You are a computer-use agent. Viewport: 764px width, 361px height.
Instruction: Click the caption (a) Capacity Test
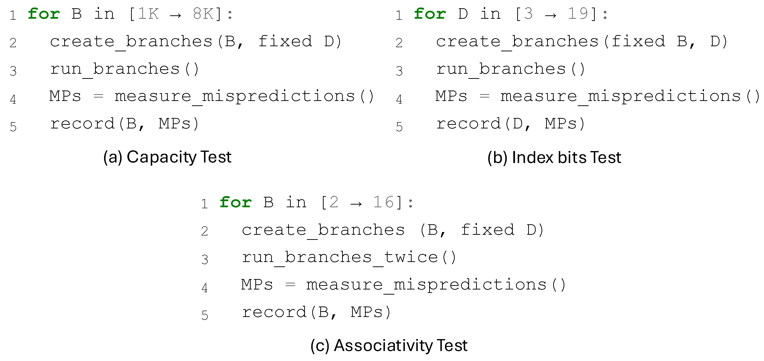point(167,157)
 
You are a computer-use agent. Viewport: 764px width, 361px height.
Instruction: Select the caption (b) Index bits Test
point(554,157)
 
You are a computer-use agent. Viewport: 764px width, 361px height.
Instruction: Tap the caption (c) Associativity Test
point(389,346)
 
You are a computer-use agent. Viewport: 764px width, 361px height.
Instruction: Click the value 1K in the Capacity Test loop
point(148,14)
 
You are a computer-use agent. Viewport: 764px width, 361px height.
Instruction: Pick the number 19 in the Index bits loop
point(577,14)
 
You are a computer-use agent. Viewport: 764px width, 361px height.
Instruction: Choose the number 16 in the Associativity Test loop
point(383,202)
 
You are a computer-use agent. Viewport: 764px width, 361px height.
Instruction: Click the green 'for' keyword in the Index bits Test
point(430,14)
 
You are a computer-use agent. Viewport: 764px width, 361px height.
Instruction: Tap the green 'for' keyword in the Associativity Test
point(236,203)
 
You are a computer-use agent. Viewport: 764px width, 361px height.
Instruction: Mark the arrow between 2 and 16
point(356,204)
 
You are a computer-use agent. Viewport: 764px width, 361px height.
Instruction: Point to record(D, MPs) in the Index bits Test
point(510,124)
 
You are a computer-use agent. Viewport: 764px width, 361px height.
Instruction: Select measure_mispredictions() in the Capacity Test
point(244,96)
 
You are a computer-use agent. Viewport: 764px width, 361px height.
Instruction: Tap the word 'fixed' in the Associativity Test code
point(487,230)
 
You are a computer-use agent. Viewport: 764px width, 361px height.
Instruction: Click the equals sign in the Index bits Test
point(484,96)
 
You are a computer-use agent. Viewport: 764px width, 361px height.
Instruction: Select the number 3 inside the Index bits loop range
point(528,14)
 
